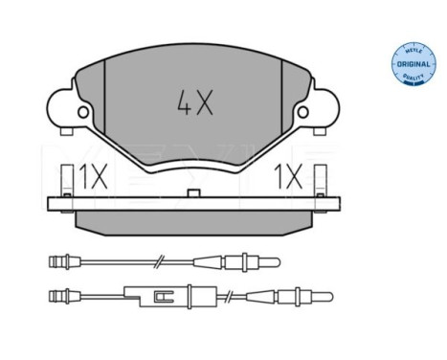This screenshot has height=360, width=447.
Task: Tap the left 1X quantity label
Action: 92,177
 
